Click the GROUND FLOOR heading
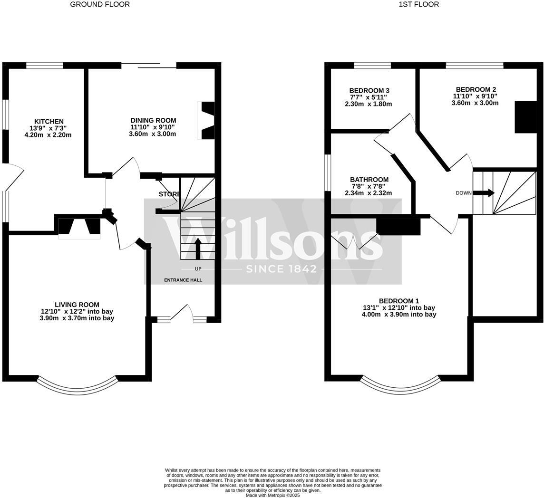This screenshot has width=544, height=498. [x=100, y=4]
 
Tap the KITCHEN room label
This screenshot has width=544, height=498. [x=49, y=122]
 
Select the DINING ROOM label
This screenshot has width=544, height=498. [x=153, y=121]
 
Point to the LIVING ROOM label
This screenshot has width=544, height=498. [x=77, y=305]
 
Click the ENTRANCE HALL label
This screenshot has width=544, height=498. [x=183, y=280]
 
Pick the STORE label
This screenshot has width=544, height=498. [x=169, y=194]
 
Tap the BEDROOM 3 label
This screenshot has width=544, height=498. [x=369, y=91]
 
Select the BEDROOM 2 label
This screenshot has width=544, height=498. [x=476, y=89]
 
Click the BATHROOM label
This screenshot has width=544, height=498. [x=369, y=180]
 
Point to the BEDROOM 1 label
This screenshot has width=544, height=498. [x=398, y=301]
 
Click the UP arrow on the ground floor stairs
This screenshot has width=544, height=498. [x=198, y=248]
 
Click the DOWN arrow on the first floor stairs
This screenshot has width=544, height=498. [x=484, y=193]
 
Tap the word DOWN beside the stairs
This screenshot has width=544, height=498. [x=463, y=193]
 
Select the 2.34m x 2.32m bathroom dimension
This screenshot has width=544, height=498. [x=368, y=193]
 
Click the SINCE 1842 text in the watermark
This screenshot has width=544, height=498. [x=281, y=269]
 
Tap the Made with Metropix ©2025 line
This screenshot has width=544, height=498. [x=272, y=495]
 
